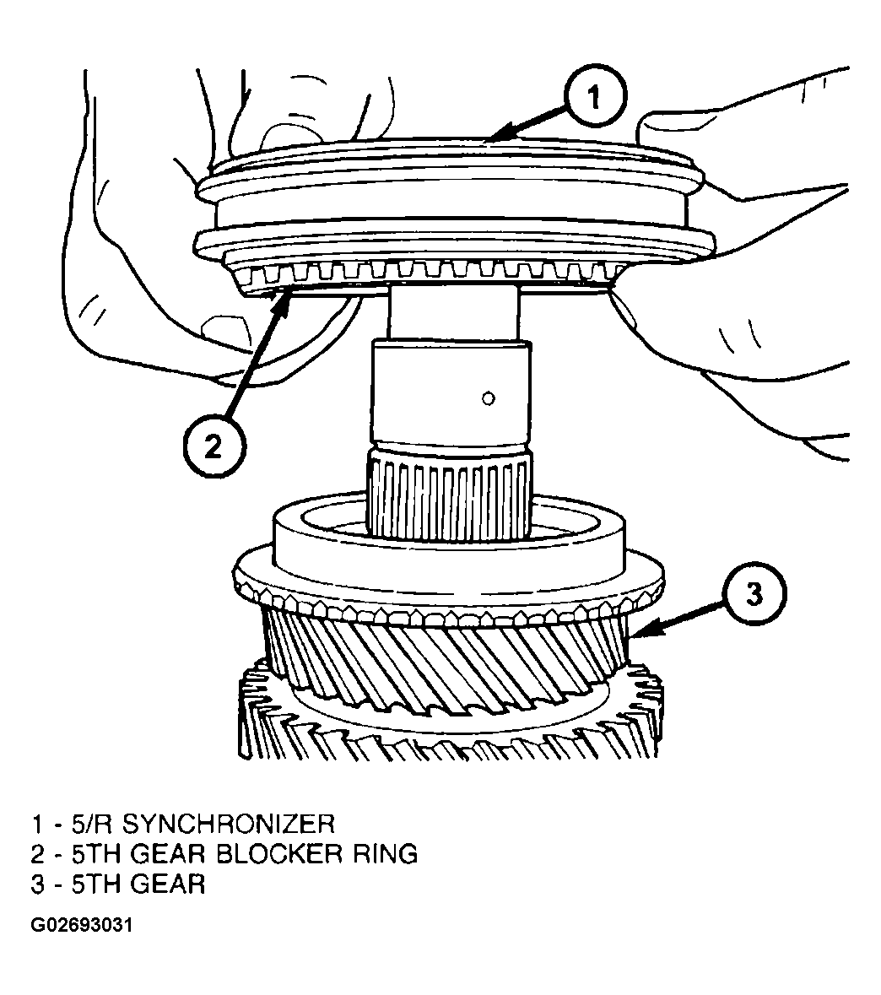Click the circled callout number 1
595,97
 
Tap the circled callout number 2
213,446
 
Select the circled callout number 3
754,595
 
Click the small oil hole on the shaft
488,398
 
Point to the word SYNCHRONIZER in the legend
228,824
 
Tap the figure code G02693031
81,925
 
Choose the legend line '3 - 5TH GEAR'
118,884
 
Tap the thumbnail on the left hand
219,328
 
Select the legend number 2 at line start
37,853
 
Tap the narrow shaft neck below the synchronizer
454,313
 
